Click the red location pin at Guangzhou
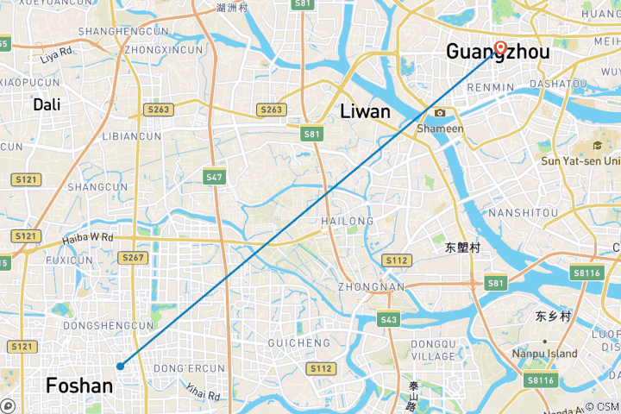pyautogui.click(x=500, y=47)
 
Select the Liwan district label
pyautogui.click(x=366, y=111)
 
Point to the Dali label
pyautogui.click(x=47, y=104)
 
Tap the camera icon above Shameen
pyautogui.click(x=440, y=113)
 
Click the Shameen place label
pyautogui.click(x=440, y=129)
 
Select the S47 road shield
pyautogui.click(x=215, y=177)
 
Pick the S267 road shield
pyautogui.click(x=133, y=257)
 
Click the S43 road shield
pyautogui.click(x=388, y=320)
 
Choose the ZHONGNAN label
pyautogui.click(x=372, y=287)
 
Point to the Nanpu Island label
pyautogui.click(x=544, y=354)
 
